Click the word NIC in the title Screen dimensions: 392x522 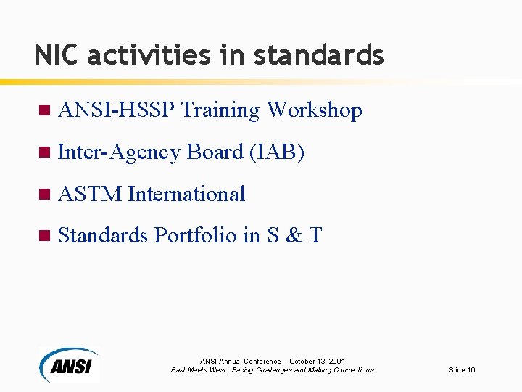[x=52, y=54]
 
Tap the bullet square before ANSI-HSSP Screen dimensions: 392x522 [x=43, y=110]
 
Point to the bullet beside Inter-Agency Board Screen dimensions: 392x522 [x=43, y=152]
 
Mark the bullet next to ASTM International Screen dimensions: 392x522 [x=43, y=195]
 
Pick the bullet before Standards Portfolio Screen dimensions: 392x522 [x=43, y=236]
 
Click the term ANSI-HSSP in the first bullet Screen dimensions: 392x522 [x=116, y=110]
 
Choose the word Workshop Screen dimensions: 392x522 [x=314, y=110]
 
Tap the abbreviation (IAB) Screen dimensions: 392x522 [x=276, y=152]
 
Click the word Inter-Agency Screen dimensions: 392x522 [x=119, y=152]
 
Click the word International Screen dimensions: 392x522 [x=186, y=195]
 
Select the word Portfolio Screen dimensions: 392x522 [x=196, y=236]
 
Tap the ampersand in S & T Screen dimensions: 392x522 [x=294, y=236]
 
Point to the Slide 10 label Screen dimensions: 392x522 [x=462, y=370]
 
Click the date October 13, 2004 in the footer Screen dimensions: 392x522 [x=318, y=361]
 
